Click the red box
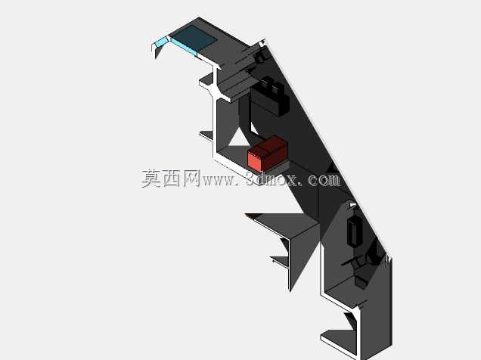tap(268, 154)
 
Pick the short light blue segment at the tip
tap(160, 42)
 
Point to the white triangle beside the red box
tap(240, 138)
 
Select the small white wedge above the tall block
tap(352, 204)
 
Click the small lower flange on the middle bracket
tap(280, 262)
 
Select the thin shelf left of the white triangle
tap(206, 135)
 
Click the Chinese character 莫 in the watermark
tap(151, 178)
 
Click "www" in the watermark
tap(219, 181)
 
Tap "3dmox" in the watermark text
tap(272, 179)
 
